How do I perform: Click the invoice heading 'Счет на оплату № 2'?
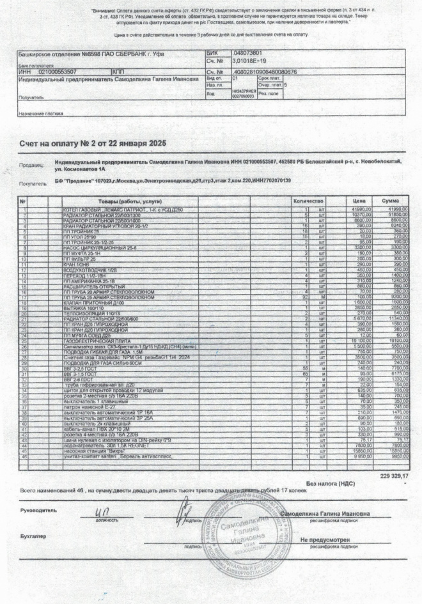(93, 145)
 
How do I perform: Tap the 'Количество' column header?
(309, 201)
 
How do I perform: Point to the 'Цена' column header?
(359, 201)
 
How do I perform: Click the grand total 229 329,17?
(394, 477)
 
